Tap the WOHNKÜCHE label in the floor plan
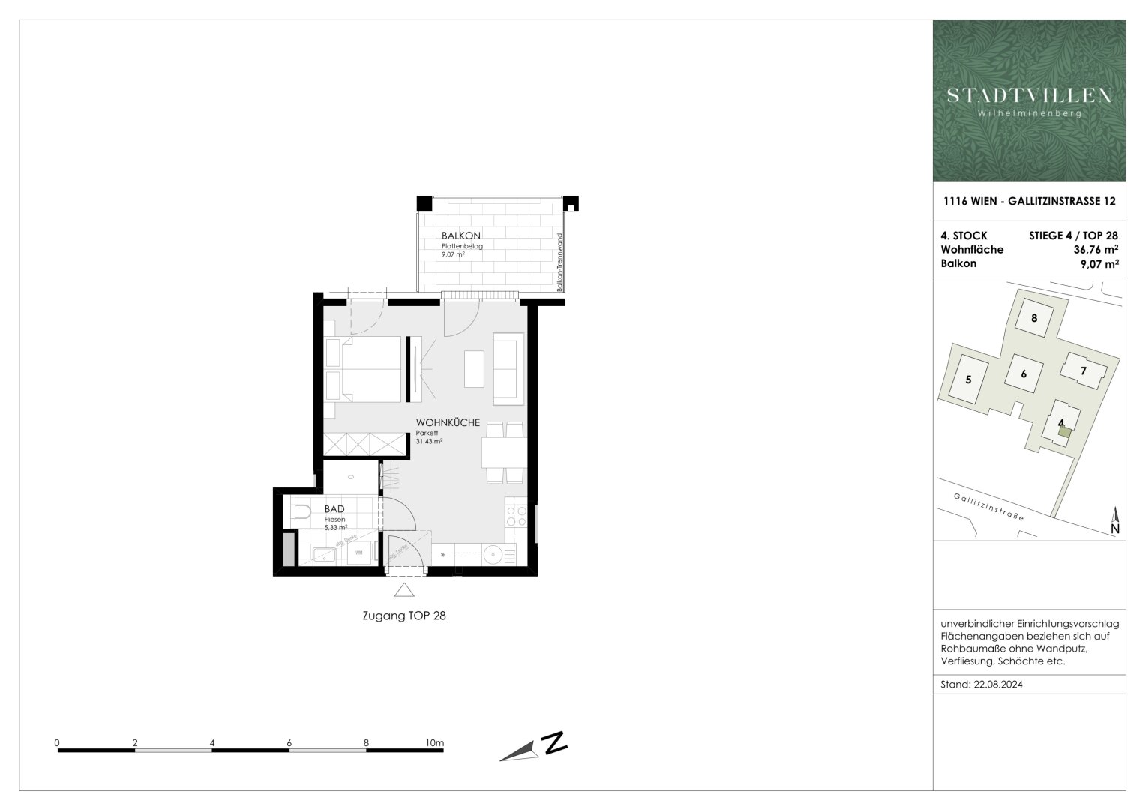(x=448, y=422)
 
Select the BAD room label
(x=334, y=509)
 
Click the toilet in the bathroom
(x=301, y=513)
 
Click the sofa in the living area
(x=505, y=368)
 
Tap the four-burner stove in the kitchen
(x=516, y=516)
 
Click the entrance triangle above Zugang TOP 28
(x=404, y=590)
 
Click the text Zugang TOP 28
(x=403, y=616)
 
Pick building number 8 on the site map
(x=1034, y=317)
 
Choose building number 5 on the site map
(x=968, y=379)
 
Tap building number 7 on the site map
(x=1083, y=370)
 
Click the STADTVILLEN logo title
(x=1029, y=95)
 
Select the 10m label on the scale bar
(x=434, y=742)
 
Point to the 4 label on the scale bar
(x=213, y=742)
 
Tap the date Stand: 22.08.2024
(x=981, y=685)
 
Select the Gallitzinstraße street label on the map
(x=989, y=508)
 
